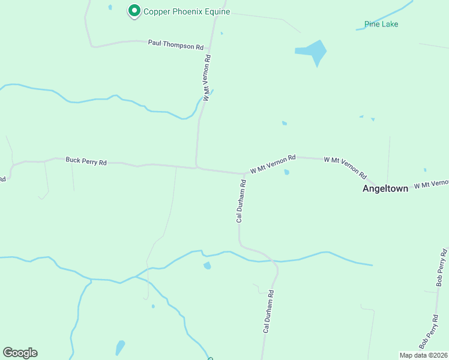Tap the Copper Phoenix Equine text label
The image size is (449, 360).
coord(187,11)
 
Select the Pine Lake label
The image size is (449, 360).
coord(381,25)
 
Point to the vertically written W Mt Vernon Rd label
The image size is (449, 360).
coord(206,78)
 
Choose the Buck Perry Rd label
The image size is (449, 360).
coord(86,161)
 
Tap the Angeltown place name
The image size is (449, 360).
coord(385,188)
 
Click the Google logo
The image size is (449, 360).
coord(20,353)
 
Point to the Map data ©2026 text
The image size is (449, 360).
coord(424,355)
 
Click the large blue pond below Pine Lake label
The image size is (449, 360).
coord(314,52)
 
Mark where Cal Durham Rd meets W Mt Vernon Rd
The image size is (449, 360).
coord(245,174)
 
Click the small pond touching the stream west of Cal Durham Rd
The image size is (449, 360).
coord(207,266)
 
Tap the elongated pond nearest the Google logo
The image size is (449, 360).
coord(120,347)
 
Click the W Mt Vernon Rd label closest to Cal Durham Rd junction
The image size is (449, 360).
coord(273,164)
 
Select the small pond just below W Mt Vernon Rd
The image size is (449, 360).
coord(286,172)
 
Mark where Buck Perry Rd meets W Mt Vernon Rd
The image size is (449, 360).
coord(197,167)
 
